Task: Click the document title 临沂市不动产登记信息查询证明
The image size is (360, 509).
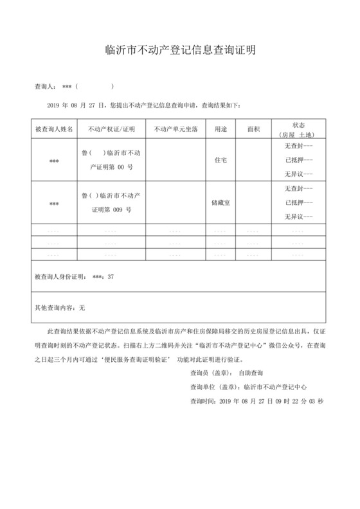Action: (x=180, y=49)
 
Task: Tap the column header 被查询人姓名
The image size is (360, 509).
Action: (x=54, y=129)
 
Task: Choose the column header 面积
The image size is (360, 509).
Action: (x=253, y=129)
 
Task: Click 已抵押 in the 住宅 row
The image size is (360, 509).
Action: (x=298, y=160)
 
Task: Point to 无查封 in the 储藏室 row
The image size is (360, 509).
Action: (x=298, y=188)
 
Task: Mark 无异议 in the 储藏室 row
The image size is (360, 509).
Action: (x=298, y=217)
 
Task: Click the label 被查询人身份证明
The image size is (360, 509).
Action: (x=60, y=277)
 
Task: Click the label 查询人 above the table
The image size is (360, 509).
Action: (x=46, y=86)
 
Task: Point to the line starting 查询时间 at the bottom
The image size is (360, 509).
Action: (x=256, y=401)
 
